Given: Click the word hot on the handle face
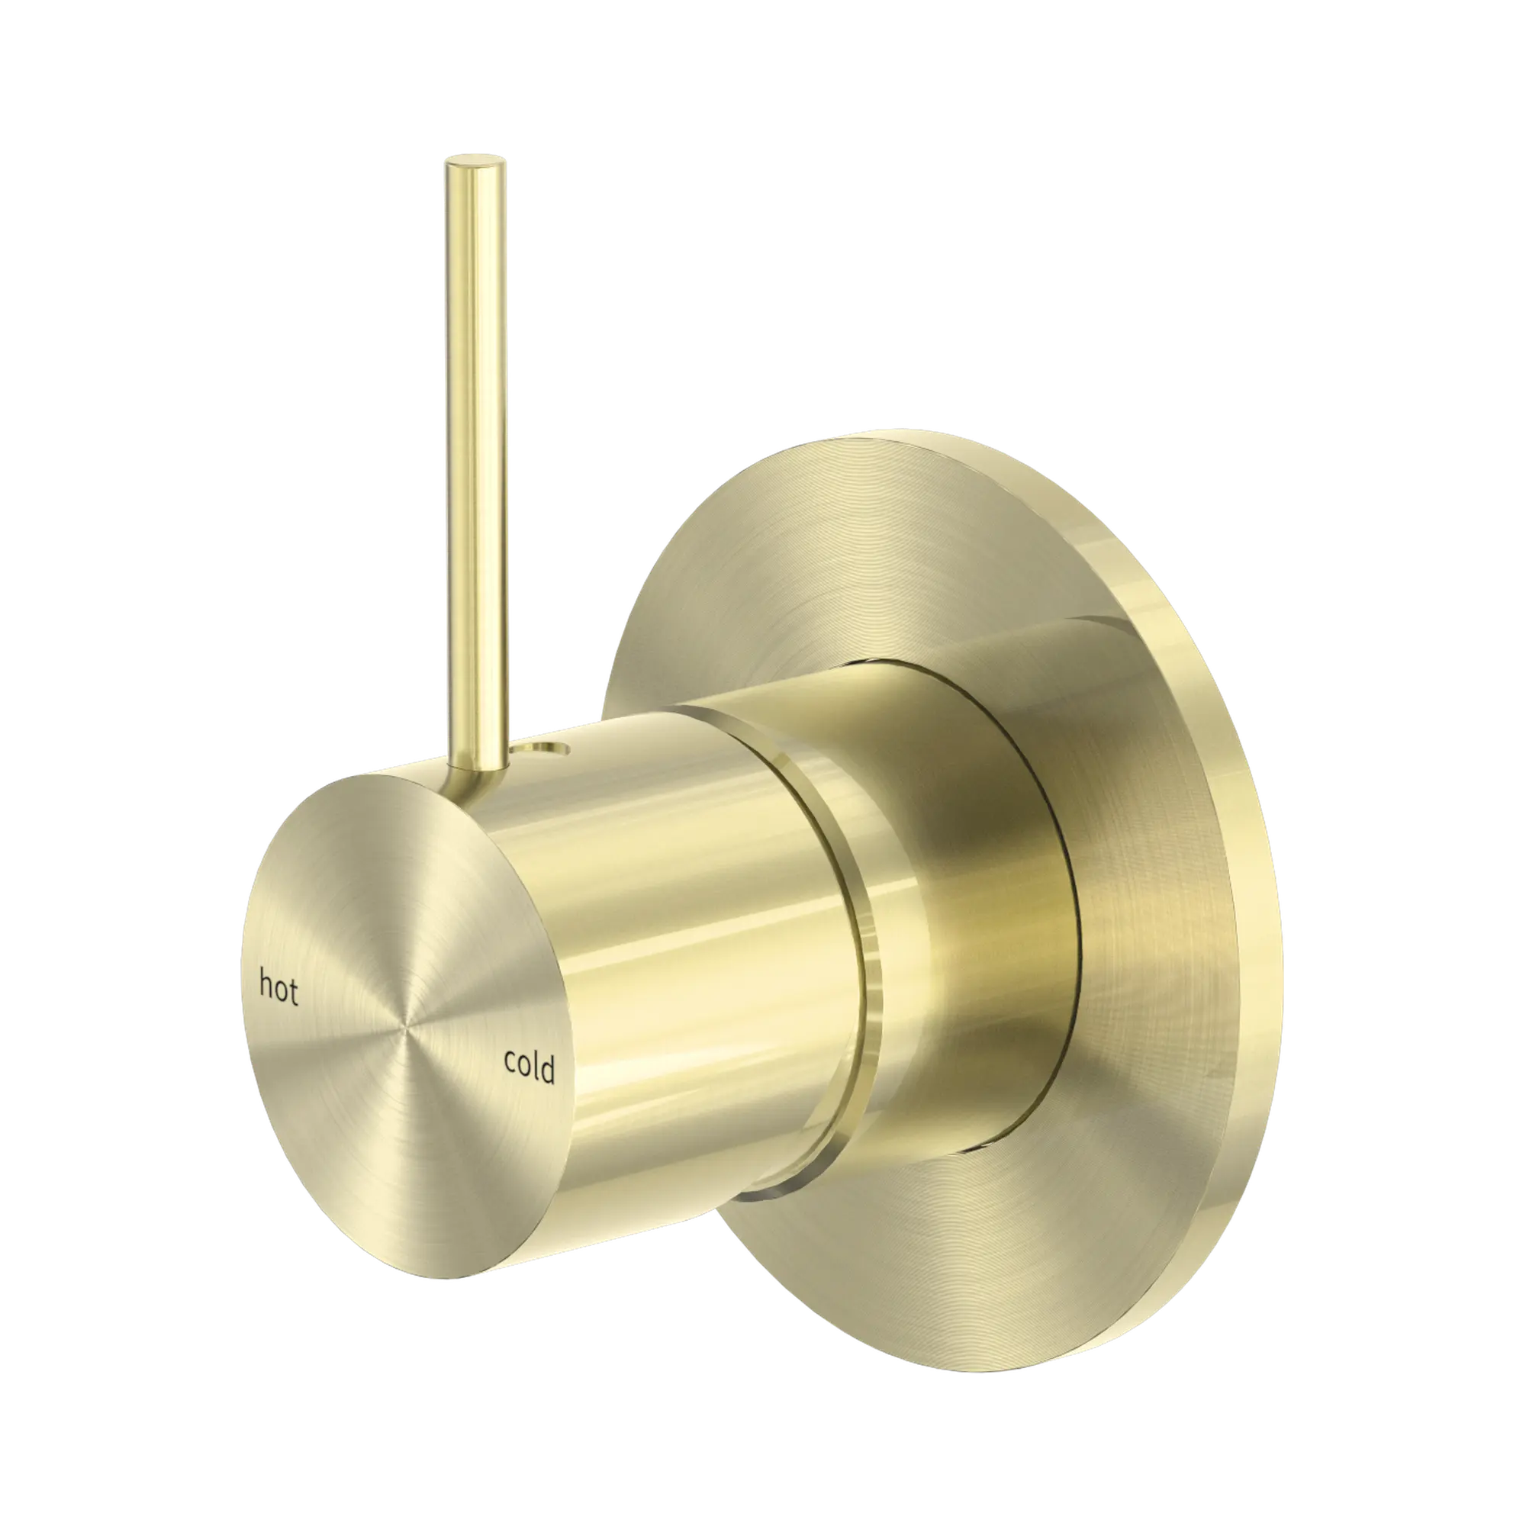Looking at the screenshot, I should click(x=278, y=989).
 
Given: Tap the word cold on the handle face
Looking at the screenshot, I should click(x=530, y=1068).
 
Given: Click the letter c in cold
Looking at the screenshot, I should click(x=510, y=1064).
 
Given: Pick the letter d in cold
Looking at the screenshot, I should click(x=546, y=1071).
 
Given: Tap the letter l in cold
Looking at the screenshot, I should click(x=536, y=1067).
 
